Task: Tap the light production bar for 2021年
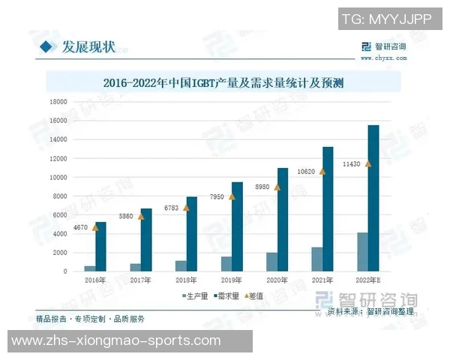[317, 259]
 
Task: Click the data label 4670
[80, 226]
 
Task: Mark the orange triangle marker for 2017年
[141, 216]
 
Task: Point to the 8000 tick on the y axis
[59, 196]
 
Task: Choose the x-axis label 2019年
[231, 280]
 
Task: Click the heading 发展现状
[88, 46]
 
